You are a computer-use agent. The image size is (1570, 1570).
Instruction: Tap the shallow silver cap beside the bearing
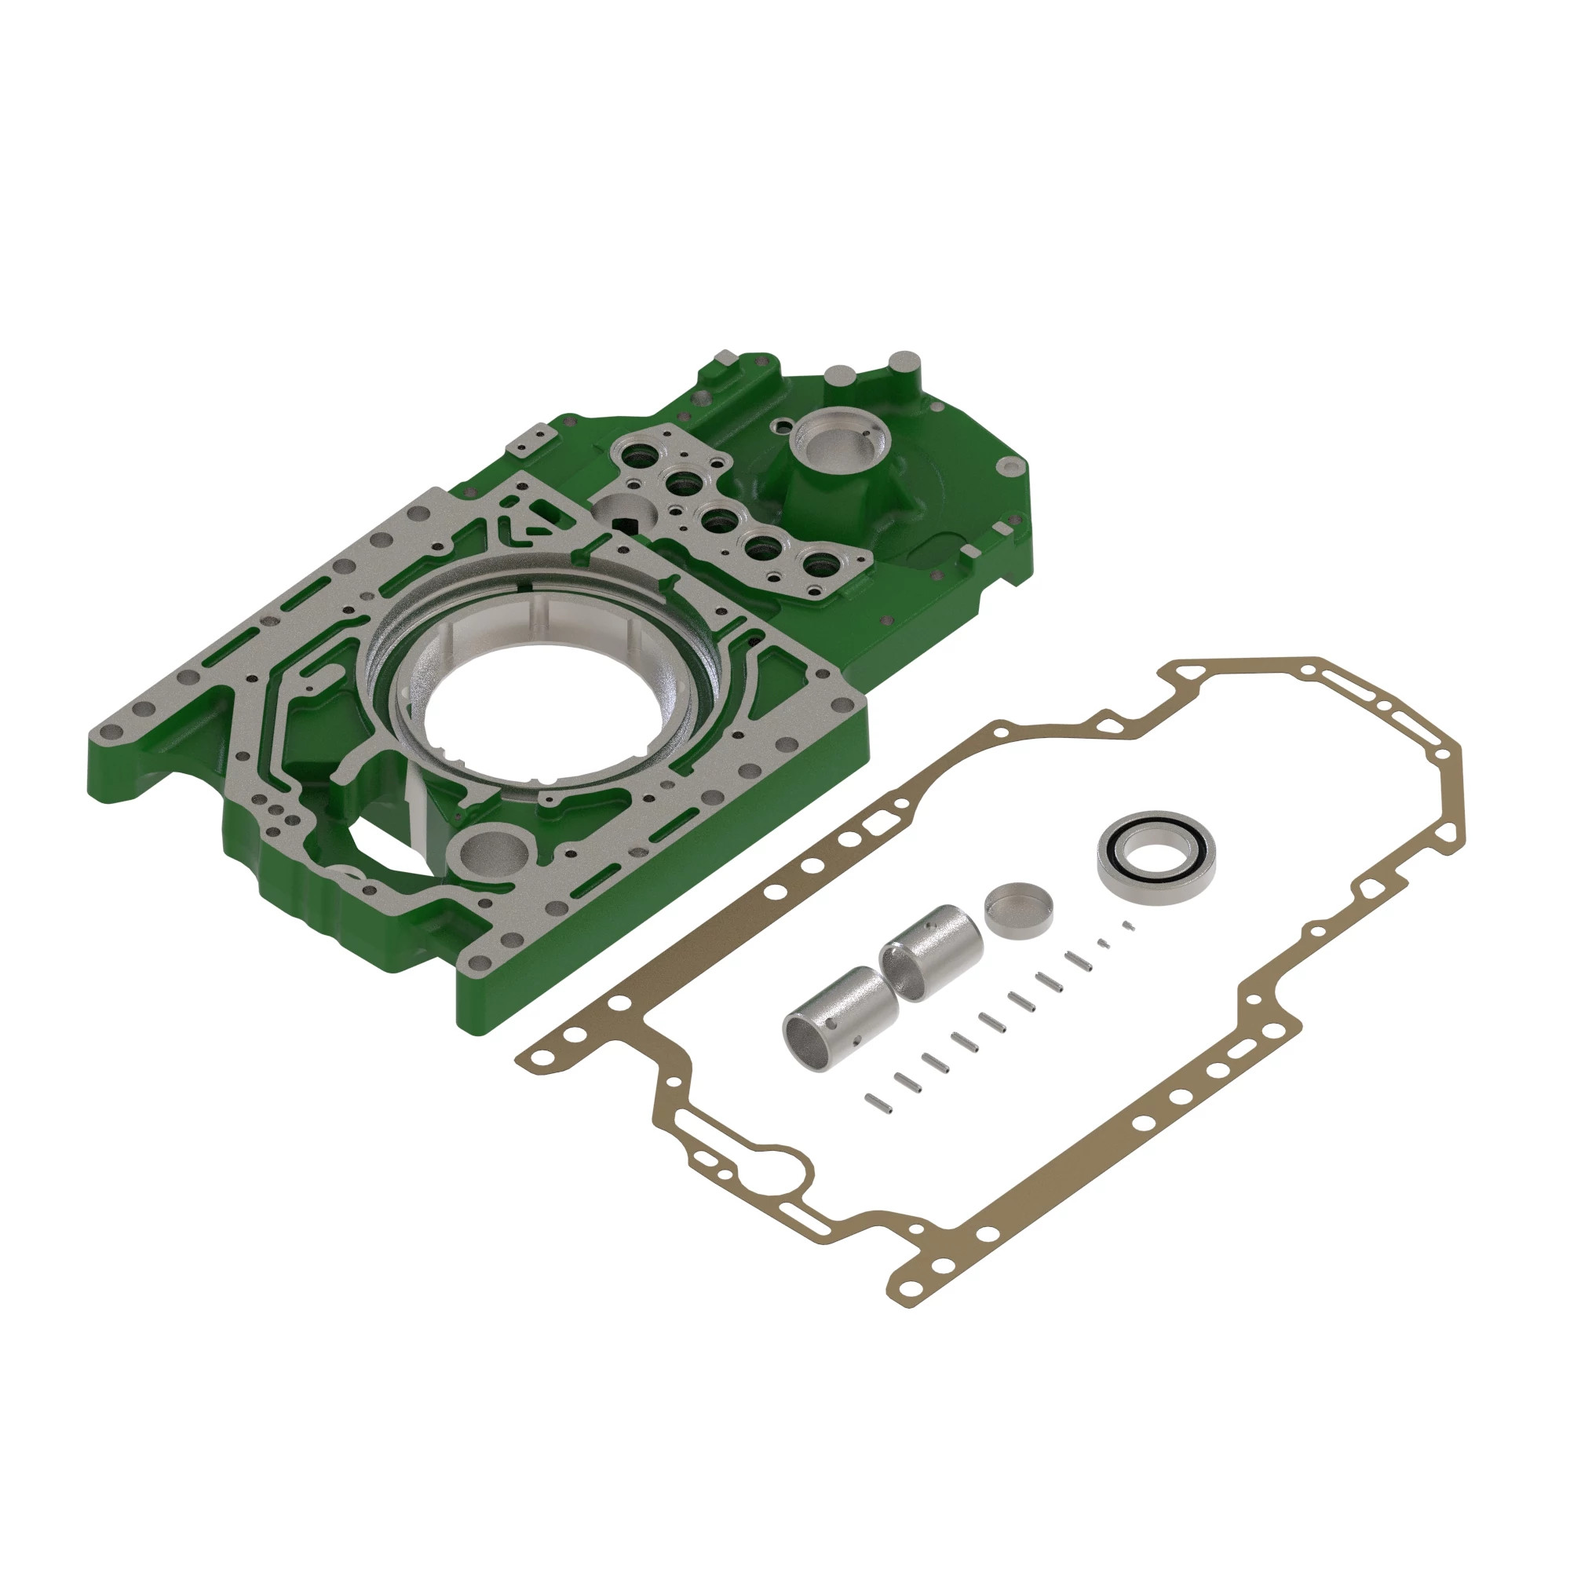click(x=1019, y=909)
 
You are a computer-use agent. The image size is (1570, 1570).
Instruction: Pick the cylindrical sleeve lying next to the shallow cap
click(x=933, y=951)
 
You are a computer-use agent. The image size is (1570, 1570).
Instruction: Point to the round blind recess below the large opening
click(x=493, y=854)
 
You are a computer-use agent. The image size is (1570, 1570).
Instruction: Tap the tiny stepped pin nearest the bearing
click(x=1128, y=925)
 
